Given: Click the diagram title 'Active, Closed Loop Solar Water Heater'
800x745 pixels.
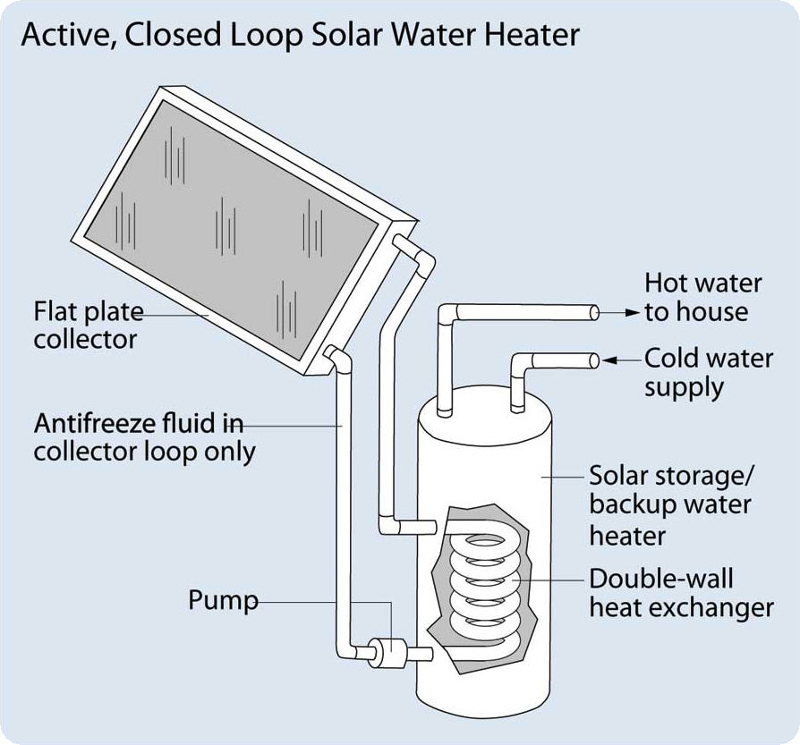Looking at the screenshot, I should click(300, 35).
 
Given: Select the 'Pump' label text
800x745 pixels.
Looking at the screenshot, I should click(222, 600).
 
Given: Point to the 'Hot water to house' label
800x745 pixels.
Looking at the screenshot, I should click(702, 298).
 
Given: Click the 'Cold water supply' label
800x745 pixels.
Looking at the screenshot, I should click(708, 372).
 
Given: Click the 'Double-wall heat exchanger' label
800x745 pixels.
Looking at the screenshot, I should click(680, 592).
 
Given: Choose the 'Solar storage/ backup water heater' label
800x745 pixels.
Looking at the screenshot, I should click(670, 504).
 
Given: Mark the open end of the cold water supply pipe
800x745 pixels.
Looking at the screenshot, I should click(593, 360).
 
